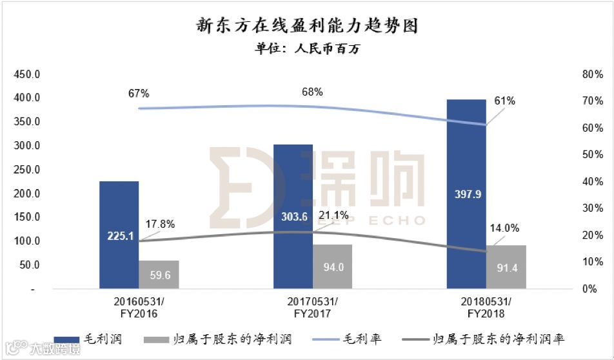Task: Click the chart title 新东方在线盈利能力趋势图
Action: (307, 26)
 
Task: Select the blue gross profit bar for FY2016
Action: (119, 206)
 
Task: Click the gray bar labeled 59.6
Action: (159, 274)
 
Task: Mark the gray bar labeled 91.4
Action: (506, 267)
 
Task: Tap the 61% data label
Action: (505, 101)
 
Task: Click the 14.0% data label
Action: (504, 228)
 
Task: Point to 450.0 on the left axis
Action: (26, 75)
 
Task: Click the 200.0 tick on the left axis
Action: (26, 194)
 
